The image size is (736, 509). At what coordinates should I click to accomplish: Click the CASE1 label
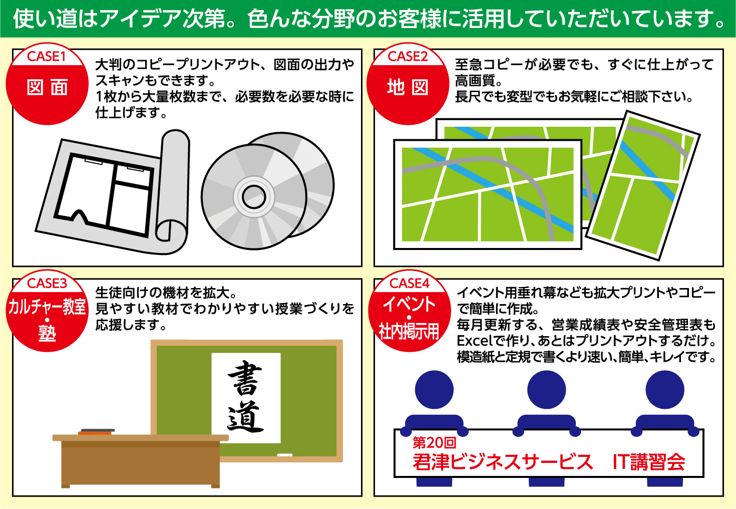(x=47, y=57)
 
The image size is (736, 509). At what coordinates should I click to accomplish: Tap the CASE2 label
(x=408, y=57)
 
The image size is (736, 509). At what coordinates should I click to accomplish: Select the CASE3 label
(x=47, y=284)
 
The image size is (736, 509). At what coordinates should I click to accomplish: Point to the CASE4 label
(x=410, y=284)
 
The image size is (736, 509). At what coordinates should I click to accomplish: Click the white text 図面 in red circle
(x=47, y=88)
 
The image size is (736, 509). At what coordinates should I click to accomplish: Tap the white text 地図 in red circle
(x=408, y=88)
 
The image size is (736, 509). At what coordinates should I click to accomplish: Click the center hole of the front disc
(x=254, y=197)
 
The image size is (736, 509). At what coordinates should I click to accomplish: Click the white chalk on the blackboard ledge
(x=285, y=455)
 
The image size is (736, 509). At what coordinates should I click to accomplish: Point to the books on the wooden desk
(x=97, y=432)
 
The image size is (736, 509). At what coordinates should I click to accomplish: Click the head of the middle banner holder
(x=546, y=390)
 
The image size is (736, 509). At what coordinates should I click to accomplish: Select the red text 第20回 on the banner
(x=435, y=443)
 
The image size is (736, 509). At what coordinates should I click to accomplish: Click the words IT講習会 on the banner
(x=649, y=462)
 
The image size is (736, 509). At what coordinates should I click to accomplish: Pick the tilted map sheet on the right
(x=643, y=186)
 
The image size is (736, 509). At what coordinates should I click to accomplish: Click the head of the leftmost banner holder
(x=434, y=390)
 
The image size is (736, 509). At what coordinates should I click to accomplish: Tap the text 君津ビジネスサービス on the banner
(x=503, y=462)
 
